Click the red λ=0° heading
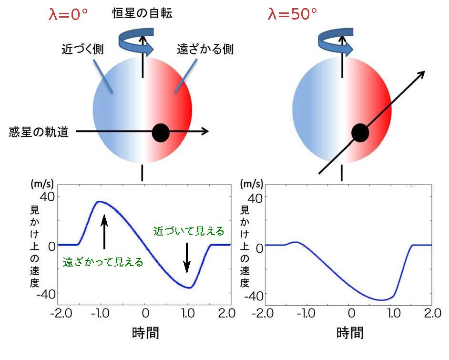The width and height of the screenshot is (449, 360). pos(69,13)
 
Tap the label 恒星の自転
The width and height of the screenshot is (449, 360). pos(142,12)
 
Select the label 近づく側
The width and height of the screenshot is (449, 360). pos(83,49)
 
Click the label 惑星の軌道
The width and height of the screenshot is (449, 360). pos(39,132)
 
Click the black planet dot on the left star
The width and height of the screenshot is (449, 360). pos(161,133)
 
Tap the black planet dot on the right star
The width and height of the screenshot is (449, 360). pos(360,133)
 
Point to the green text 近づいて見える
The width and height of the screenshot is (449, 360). pos(188,231)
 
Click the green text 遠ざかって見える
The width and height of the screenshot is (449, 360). pos(103,262)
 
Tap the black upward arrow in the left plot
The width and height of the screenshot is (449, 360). pos(104,231)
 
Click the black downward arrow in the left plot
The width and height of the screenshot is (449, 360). pos(187,257)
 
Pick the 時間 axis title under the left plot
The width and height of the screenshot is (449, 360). pos(145,332)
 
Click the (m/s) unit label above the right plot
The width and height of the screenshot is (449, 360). pos(251,184)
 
